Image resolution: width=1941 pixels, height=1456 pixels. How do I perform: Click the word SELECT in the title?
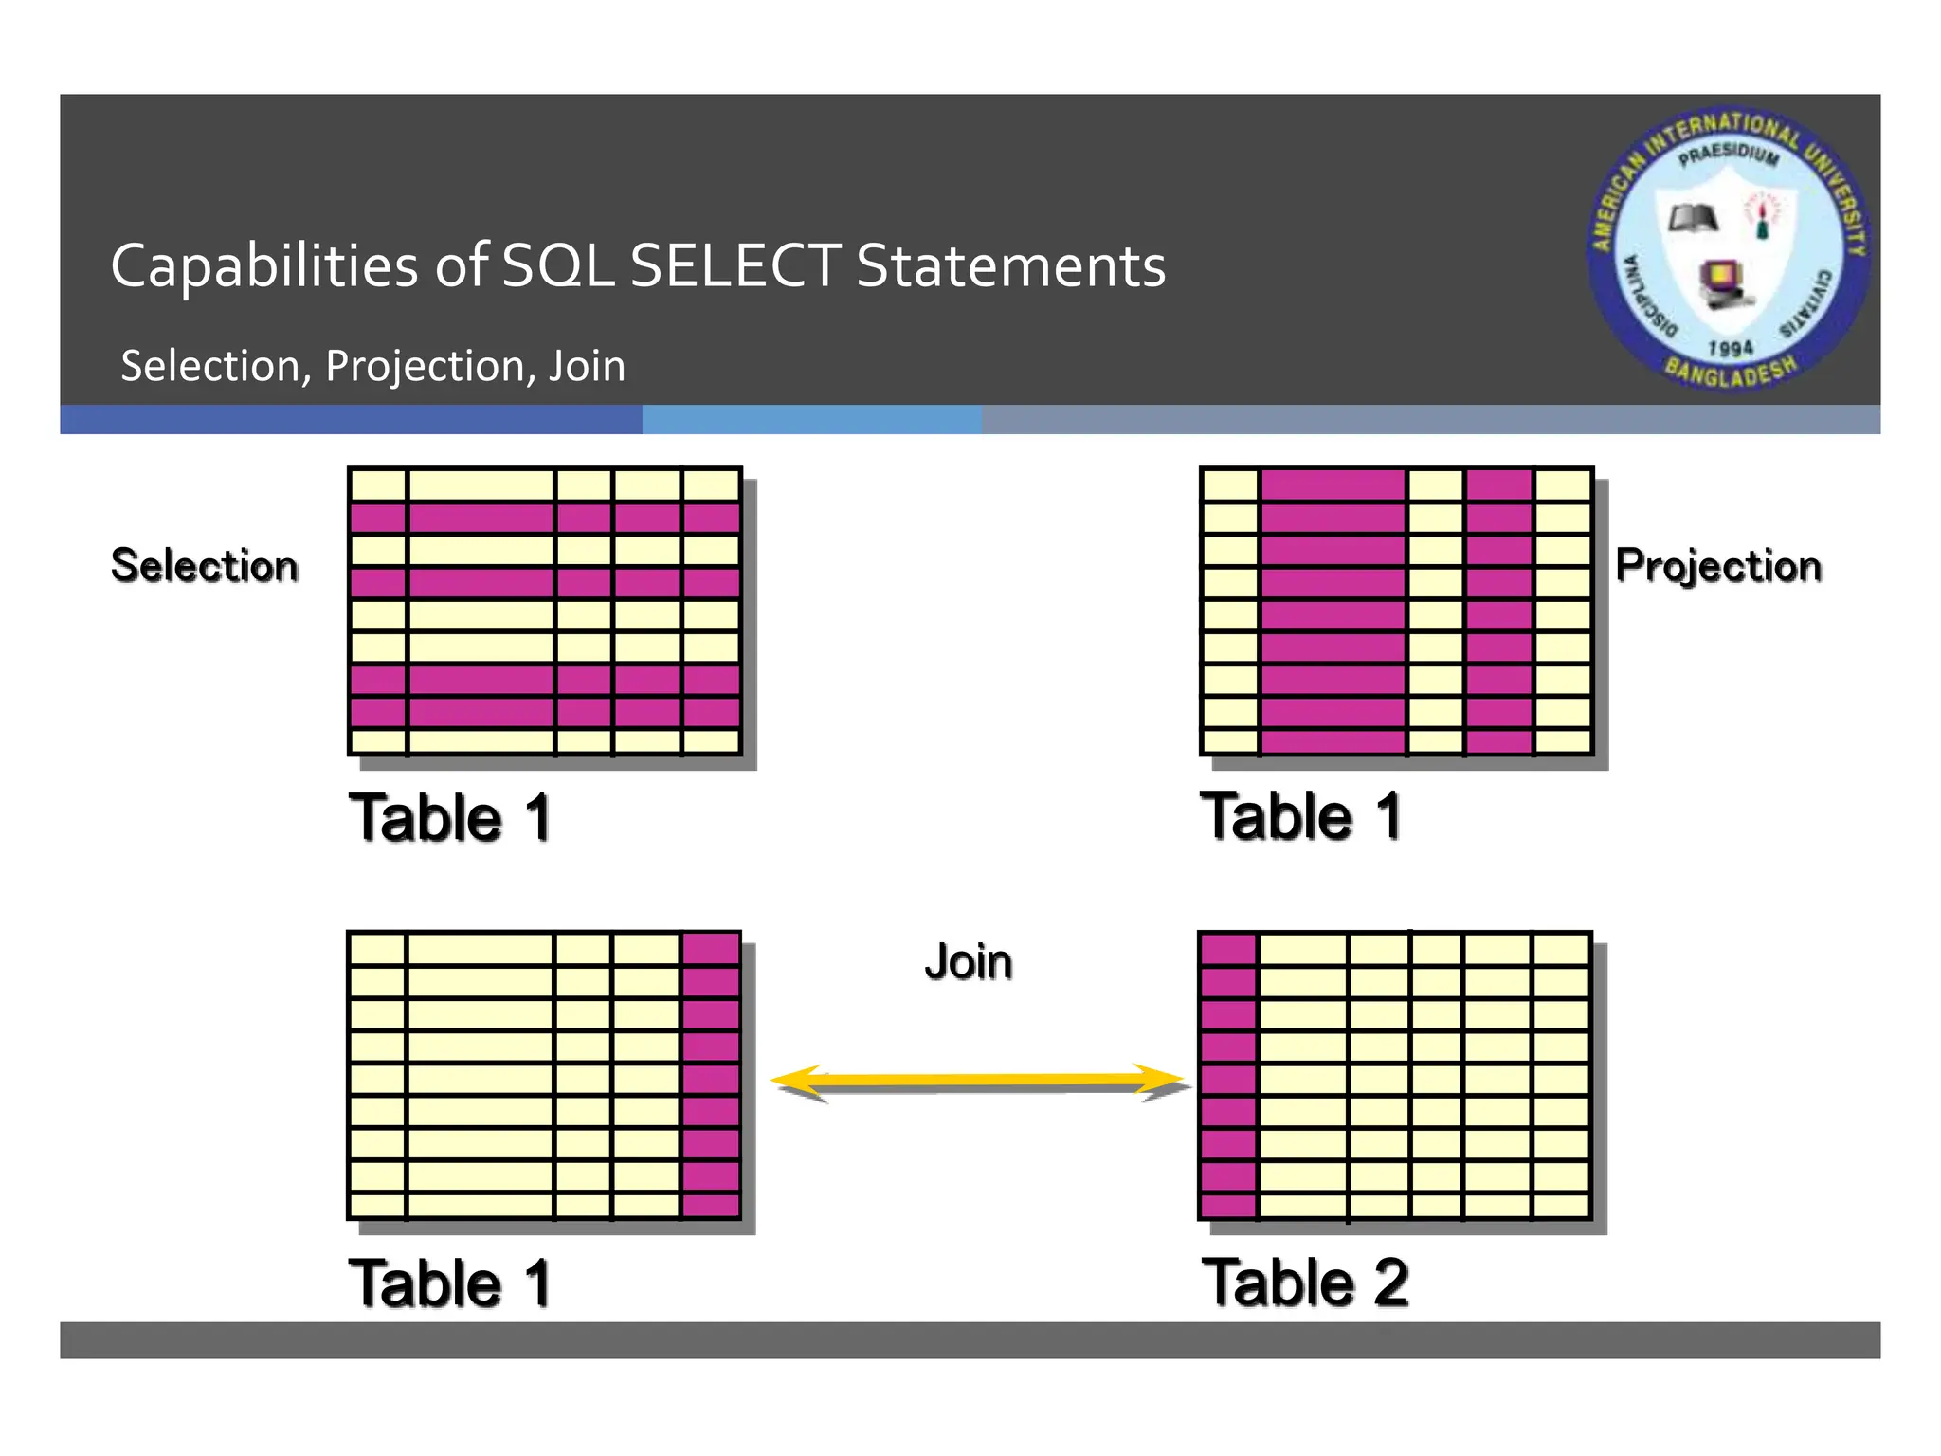(735, 265)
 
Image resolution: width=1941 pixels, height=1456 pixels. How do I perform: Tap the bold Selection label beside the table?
(204, 566)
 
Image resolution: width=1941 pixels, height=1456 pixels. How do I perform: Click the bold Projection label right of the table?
(1717, 566)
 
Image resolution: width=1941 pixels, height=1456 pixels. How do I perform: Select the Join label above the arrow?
(968, 962)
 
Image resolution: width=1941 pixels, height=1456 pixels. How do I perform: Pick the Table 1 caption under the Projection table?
(1300, 816)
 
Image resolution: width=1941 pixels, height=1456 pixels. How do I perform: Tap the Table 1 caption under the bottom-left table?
(449, 1283)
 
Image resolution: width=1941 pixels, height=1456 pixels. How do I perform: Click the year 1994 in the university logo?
(1730, 348)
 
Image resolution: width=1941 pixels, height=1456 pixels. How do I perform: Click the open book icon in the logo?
(1693, 219)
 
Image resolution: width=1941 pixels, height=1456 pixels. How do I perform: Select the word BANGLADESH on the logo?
(1731, 373)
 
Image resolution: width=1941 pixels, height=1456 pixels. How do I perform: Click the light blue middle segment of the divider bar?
(811, 420)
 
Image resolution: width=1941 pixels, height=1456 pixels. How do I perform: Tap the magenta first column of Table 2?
(1228, 1076)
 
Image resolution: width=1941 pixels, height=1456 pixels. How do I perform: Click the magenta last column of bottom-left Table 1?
(711, 1076)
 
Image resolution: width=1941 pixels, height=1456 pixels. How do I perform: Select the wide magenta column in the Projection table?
(1333, 611)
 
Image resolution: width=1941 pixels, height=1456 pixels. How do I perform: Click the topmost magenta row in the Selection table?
(545, 519)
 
